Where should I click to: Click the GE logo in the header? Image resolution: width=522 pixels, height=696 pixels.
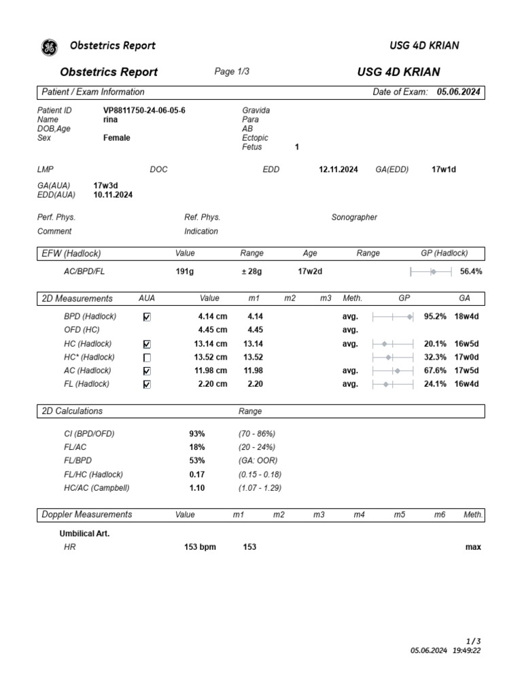[x=50, y=47]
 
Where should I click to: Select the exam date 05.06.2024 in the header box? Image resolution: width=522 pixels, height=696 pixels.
[x=458, y=92]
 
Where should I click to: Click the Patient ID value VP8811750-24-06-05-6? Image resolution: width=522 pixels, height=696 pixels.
[x=144, y=110]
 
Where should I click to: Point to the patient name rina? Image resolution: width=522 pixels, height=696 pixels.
[x=110, y=120]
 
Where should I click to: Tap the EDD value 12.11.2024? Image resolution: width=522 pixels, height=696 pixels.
[x=338, y=170]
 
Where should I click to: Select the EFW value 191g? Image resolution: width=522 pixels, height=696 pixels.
[x=185, y=272]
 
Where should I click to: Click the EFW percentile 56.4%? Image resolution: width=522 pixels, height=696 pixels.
[x=471, y=272]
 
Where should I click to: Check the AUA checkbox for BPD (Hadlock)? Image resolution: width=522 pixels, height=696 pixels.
[x=147, y=317]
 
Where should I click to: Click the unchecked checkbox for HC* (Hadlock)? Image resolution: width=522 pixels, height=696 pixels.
[x=147, y=358]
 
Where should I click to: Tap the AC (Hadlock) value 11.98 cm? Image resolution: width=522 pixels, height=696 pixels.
[x=211, y=370]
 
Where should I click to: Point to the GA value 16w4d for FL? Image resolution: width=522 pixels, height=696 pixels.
[x=466, y=384]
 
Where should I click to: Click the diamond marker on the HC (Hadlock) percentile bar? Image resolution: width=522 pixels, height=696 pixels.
[x=384, y=344]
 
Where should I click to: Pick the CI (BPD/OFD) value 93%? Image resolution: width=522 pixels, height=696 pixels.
[x=197, y=434]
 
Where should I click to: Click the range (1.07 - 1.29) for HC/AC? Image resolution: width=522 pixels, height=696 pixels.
[x=260, y=488]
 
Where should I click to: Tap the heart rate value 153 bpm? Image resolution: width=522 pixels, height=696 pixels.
[x=200, y=547]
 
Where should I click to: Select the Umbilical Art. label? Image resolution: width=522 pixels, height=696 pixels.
[x=84, y=534]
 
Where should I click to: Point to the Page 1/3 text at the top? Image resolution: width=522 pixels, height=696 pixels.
[x=232, y=72]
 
